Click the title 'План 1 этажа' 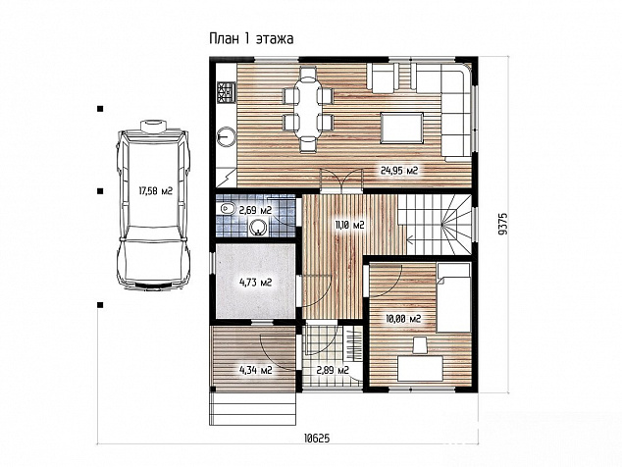point(251,39)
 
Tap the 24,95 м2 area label point(399,171)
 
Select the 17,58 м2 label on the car point(155,191)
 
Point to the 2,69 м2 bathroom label point(255,210)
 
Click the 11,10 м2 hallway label point(349,225)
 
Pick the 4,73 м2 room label point(255,283)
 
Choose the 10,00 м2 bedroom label point(403,318)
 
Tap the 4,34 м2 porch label point(255,370)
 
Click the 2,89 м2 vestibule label point(333,370)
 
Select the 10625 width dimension point(317,438)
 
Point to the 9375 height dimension point(503,224)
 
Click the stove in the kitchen point(226,91)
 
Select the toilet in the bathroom point(225,208)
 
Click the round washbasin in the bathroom point(258,228)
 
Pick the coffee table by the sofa point(401,128)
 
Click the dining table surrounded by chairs point(307,107)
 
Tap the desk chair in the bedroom point(420,344)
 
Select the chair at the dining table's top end point(307,74)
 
